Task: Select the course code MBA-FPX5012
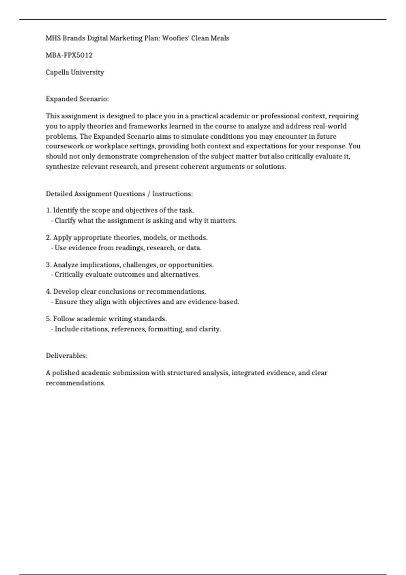69,55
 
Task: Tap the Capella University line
75,72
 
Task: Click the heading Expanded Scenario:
77,99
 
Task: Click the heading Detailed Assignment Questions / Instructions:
119,194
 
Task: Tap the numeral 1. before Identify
48,210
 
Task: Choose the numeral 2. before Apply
48,238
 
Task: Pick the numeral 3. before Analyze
48,265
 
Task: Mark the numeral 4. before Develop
48,292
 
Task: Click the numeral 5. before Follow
48,319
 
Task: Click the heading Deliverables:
66,356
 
